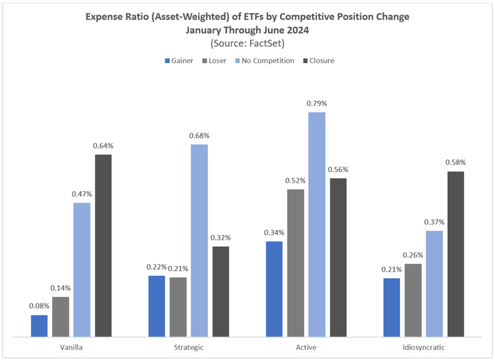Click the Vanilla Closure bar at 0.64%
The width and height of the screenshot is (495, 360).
103,245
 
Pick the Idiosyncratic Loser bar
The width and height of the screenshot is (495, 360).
412,300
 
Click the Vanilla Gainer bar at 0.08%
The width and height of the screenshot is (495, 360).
39,326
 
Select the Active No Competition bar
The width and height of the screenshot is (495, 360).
317,224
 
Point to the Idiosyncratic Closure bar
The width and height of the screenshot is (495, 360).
455,254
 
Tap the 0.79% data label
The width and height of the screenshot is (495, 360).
317,104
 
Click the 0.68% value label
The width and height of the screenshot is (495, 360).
199,136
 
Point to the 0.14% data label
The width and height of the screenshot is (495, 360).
61,288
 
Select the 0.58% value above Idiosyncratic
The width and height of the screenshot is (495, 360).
455,162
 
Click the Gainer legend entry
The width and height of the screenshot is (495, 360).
178,61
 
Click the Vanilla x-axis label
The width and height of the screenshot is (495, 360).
71,347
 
